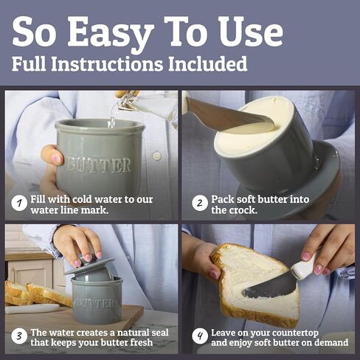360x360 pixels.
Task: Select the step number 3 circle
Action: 18,337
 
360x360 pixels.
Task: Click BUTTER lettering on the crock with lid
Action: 94,302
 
